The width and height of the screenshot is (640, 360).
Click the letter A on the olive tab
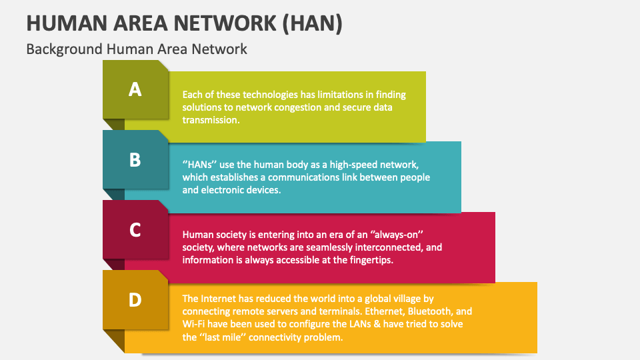coord(135,89)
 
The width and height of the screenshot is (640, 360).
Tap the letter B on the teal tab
coord(135,160)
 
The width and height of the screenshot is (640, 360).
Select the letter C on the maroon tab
coord(135,230)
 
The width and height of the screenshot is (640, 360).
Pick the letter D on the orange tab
coord(135,300)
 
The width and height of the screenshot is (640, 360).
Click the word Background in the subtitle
coord(65,49)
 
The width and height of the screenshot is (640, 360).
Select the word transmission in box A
coord(211,120)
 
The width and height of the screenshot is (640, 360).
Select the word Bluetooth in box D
coord(431,312)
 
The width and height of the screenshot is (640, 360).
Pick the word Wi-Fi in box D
coord(194,325)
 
